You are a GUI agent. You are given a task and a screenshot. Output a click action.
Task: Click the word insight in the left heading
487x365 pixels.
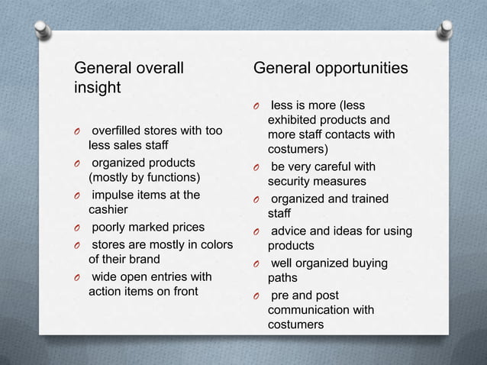click(x=97, y=88)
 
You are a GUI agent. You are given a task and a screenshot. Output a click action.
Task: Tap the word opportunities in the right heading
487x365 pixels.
click(x=360, y=69)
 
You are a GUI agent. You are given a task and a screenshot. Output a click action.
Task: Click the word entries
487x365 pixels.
click(x=173, y=276)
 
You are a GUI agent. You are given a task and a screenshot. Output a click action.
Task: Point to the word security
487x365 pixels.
click(x=288, y=181)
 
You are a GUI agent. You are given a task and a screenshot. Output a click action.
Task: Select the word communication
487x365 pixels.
click(x=308, y=310)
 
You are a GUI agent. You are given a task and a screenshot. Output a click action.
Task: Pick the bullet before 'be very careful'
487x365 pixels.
click(x=257, y=167)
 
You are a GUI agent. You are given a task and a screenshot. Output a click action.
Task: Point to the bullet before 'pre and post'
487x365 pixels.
click(x=257, y=296)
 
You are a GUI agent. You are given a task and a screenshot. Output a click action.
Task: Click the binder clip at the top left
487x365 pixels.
click(x=40, y=29)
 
